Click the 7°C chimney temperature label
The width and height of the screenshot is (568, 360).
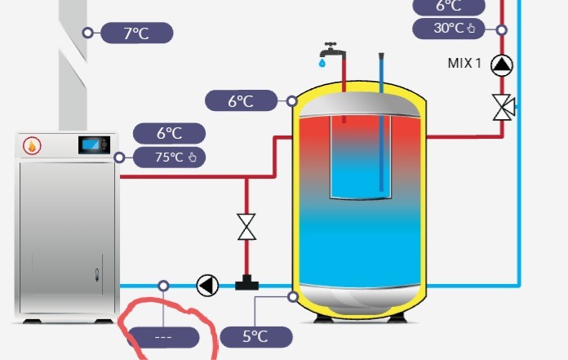pyautogui.click(x=136, y=33)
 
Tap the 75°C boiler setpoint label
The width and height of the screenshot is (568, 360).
pyautogui.click(x=169, y=158)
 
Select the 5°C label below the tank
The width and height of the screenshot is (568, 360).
pyautogui.click(x=255, y=337)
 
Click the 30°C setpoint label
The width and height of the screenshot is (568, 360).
pyautogui.click(x=449, y=29)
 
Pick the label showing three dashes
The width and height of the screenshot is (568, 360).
pyautogui.click(x=163, y=337)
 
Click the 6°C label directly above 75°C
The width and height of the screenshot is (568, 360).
pyautogui.click(x=169, y=133)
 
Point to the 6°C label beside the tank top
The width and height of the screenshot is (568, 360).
pyautogui.click(x=241, y=100)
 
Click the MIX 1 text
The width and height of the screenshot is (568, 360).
pyautogui.click(x=464, y=64)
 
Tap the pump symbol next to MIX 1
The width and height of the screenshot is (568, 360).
pyautogui.click(x=502, y=65)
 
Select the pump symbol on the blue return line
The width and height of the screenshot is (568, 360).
pyautogui.click(x=207, y=286)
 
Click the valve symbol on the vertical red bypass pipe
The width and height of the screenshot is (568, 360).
pyautogui.click(x=246, y=227)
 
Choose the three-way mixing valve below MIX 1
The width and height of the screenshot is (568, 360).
pyautogui.click(x=504, y=107)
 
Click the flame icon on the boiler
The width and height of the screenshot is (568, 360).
pyautogui.click(x=32, y=145)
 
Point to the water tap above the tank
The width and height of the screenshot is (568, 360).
pyautogui.click(x=331, y=50)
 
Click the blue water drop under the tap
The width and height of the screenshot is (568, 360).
pyautogui.click(x=322, y=64)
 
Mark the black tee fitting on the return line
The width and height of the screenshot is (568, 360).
pyautogui.click(x=246, y=282)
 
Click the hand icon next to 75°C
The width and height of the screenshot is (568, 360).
pyautogui.click(x=193, y=158)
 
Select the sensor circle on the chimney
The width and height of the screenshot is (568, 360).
pyautogui.click(x=87, y=33)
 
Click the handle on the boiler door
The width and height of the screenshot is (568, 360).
pyautogui.click(x=97, y=275)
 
